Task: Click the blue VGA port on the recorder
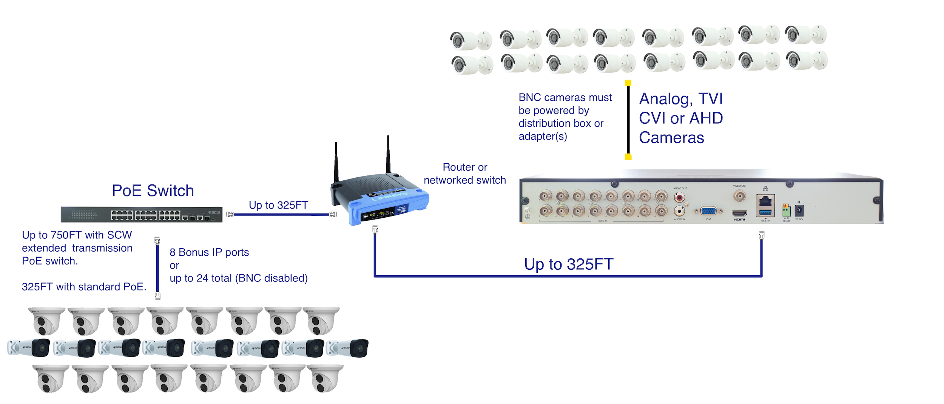pos(708,211)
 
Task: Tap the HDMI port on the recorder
pos(739,214)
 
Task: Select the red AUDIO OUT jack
pos(679,197)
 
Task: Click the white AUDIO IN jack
pos(679,211)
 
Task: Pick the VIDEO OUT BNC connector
pos(739,196)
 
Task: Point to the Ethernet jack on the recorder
pos(765,201)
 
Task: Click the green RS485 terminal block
pos(786,210)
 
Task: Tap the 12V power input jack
pos(799,210)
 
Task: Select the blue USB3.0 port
pos(765,213)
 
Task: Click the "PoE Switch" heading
pos(153,190)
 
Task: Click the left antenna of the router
pos(336,162)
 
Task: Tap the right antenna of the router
pos(388,155)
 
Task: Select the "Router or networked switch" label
pos(465,174)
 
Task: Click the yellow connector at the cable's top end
pos(628,83)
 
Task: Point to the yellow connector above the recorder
pos(628,157)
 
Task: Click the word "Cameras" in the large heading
pos(671,138)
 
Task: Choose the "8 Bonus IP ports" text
pos(209,252)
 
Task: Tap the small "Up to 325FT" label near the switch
pos(278,205)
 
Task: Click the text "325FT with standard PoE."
pos(84,287)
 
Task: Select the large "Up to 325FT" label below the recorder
pos(569,264)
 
